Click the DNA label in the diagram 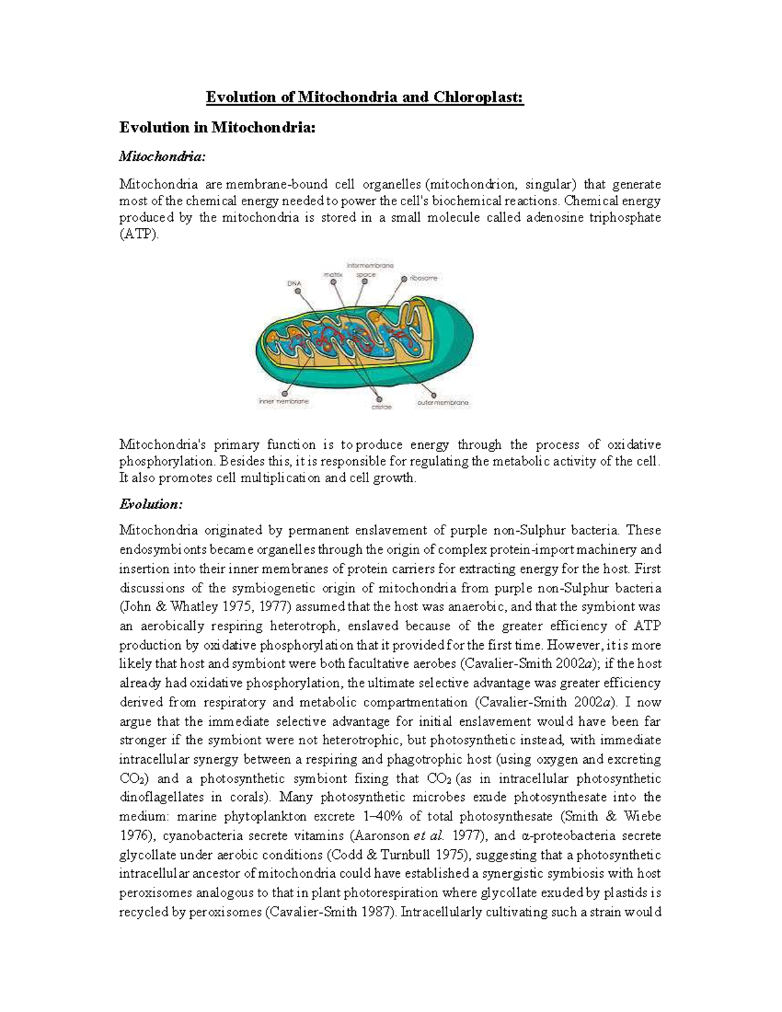coord(295,283)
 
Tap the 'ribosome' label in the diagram coord(424,278)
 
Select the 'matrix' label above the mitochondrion coord(333,275)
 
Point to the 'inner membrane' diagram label coord(283,402)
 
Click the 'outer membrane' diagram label coord(443,403)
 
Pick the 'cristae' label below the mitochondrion coord(381,407)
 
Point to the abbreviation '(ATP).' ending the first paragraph coord(139,235)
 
